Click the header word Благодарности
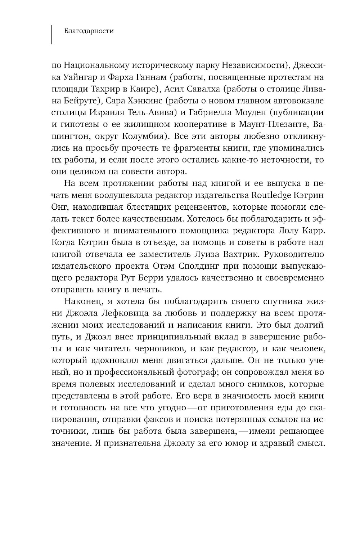(89, 31)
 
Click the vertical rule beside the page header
(53, 35)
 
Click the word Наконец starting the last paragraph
(84, 302)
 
